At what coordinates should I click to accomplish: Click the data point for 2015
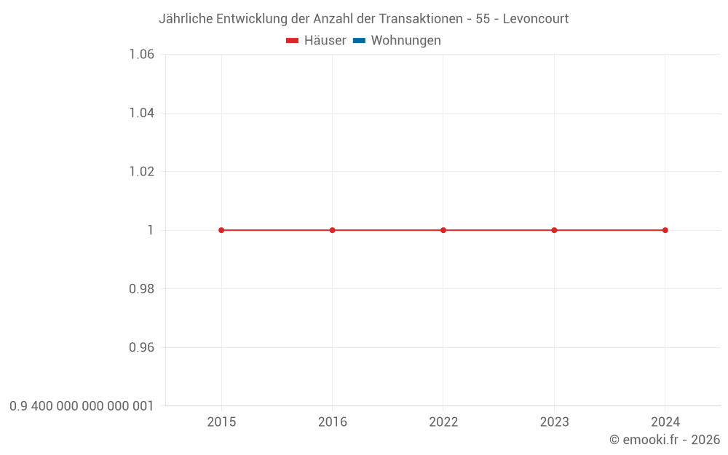[221, 230]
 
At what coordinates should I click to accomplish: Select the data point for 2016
[333, 230]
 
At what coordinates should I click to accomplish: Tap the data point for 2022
[443, 230]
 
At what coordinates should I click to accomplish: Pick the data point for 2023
[554, 230]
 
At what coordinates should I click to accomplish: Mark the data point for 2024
[665, 230]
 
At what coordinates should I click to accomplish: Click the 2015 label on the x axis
[221, 422]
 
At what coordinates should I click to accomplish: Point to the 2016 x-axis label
[333, 422]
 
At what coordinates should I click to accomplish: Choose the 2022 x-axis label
[443, 422]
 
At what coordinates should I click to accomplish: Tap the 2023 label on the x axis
[554, 422]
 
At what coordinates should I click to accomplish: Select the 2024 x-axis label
[665, 422]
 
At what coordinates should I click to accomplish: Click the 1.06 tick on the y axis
[141, 55]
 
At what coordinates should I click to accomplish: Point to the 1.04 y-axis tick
[141, 113]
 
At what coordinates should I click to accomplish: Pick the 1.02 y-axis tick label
[141, 172]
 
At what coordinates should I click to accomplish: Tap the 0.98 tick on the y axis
[141, 289]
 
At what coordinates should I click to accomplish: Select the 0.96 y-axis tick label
[141, 347]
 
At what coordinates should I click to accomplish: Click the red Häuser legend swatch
[293, 41]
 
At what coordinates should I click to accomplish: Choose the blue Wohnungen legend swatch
[359, 41]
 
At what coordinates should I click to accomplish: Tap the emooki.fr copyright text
[665, 440]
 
